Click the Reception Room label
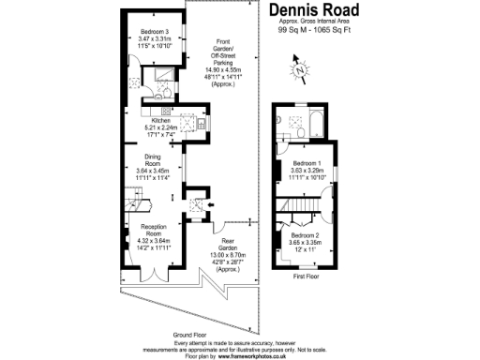tap(153, 234)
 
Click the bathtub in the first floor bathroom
tap(314, 121)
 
